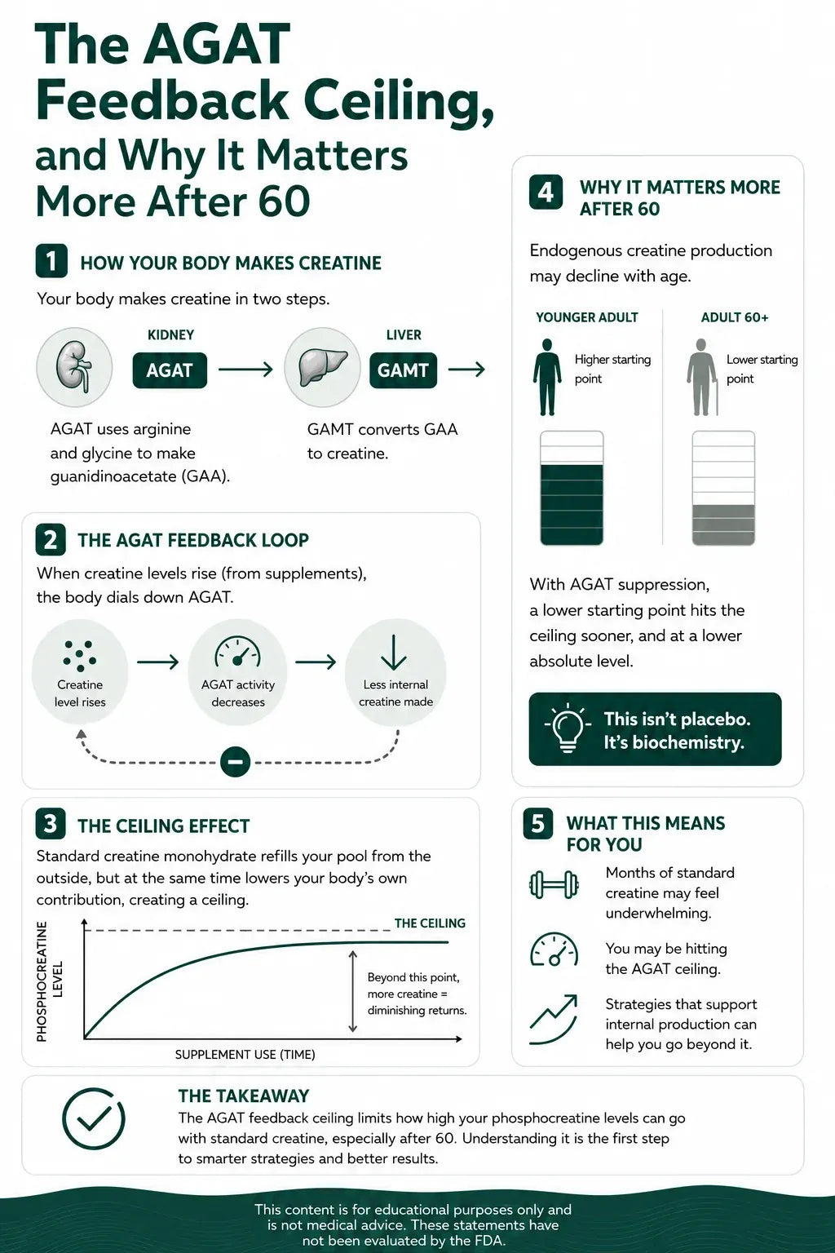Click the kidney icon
(x=74, y=367)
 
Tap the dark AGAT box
(x=170, y=370)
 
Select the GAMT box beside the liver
(x=403, y=370)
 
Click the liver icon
(x=322, y=367)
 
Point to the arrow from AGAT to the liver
(x=245, y=370)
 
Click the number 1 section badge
(x=51, y=261)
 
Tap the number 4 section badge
(x=546, y=192)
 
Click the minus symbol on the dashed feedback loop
(x=236, y=762)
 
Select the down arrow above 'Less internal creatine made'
(x=394, y=653)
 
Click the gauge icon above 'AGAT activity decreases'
(x=237, y=652)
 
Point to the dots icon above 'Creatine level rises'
(x=80, y=654)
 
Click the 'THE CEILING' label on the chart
(x=430, y=923)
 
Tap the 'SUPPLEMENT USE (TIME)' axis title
(x=245, y=1055)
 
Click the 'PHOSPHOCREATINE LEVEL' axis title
(x=49, y=981)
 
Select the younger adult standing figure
(x=547, y=377)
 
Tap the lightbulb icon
(x=568, y=727)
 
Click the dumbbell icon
(x=554, y=885)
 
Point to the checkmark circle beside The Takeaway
(x=94, y=1118)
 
